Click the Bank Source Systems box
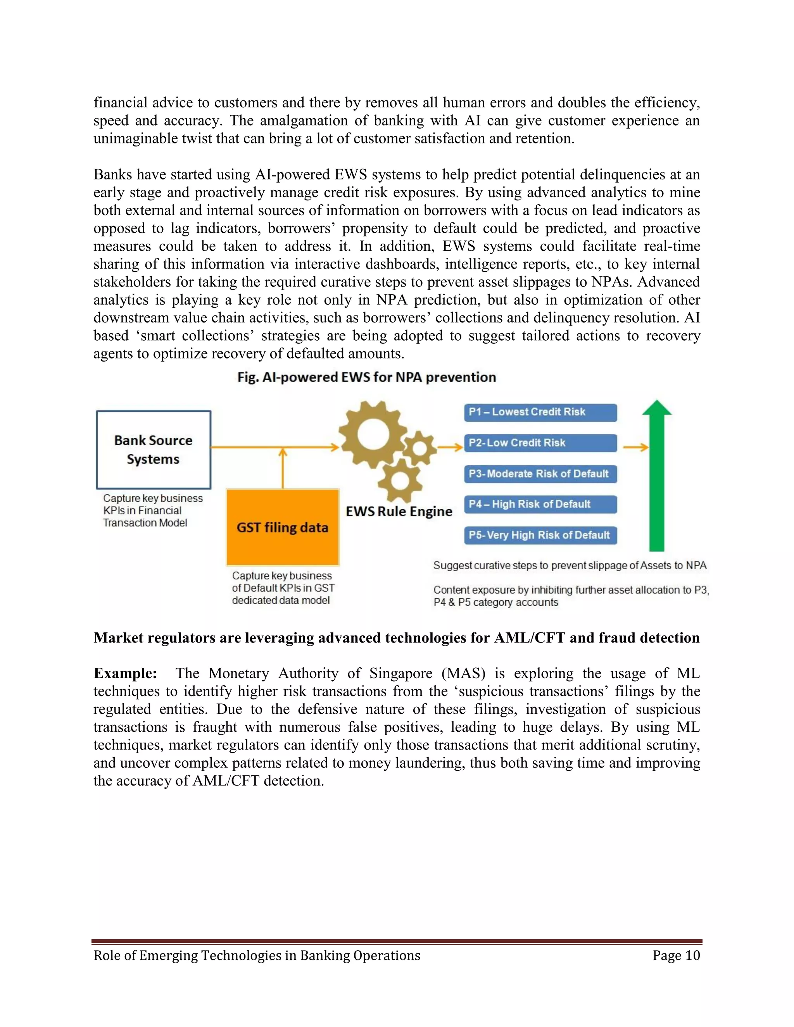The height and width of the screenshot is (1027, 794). click(154, 450)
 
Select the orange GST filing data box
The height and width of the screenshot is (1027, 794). click(282, 527)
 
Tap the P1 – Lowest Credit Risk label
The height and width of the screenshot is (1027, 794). click(540, 412)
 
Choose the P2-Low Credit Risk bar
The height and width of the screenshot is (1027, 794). click(540, 443)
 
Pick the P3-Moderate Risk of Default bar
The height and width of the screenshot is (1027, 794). click(540, 474)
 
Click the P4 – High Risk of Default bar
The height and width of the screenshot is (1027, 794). click(540, 505)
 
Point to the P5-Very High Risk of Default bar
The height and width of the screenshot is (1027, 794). click(540, 535)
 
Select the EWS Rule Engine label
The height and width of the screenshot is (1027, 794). click(399, 512)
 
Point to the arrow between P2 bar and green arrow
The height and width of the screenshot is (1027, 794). click(635, 447)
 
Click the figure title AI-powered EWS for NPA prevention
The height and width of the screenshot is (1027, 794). click(367, 377)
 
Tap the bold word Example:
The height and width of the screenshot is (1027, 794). click(125, 674)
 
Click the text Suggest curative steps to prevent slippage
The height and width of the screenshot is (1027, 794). click(569, 565)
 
